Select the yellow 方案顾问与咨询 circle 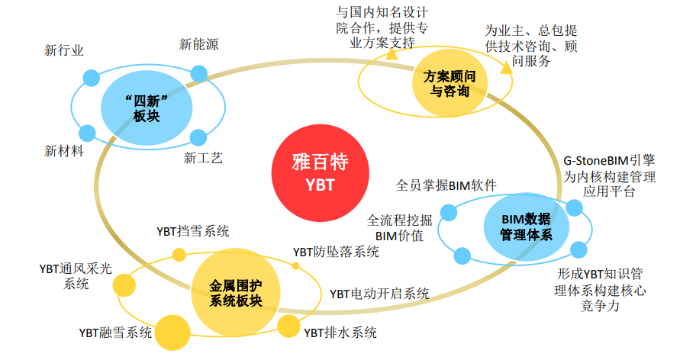[x=445, y=84]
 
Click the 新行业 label [x=64, y=51]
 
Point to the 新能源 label [x=199, y=45]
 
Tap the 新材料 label [x=64, y=150]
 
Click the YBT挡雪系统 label [x=192, y=231]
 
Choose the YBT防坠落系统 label [x=336, y=252]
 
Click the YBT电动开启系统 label [x=379, y=293]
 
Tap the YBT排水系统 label [x=340, y=333]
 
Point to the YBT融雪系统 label [x=115, y=333]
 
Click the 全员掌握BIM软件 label [x=446, y=185]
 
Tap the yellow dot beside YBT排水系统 [x=288, y=326]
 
